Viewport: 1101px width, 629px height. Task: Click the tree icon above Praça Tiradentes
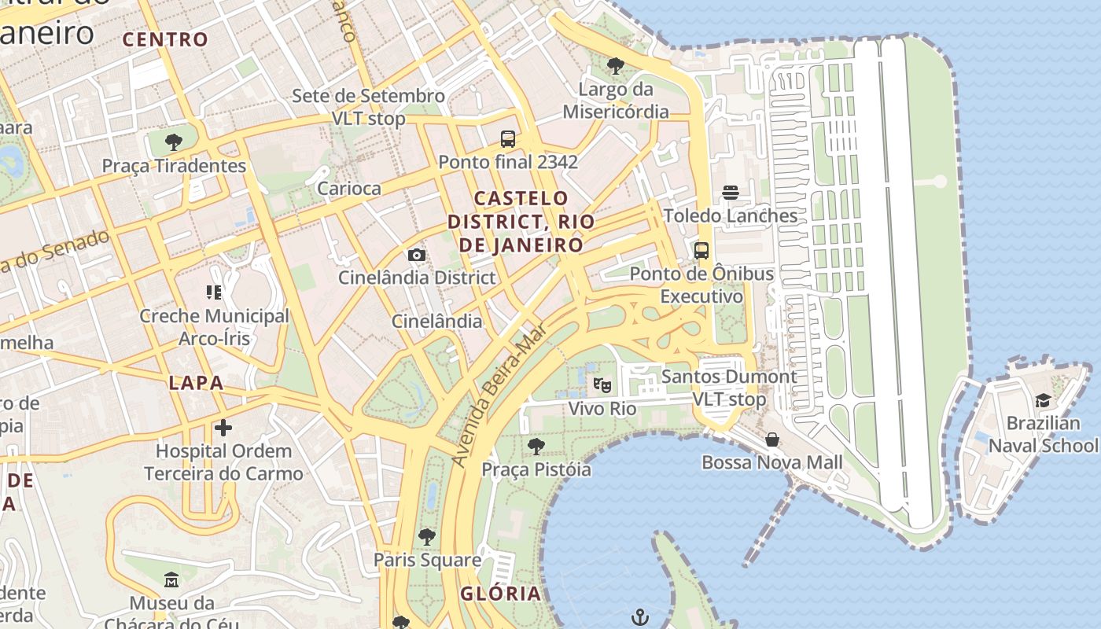[174, 142]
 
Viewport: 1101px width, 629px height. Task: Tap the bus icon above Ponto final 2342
[508, 139]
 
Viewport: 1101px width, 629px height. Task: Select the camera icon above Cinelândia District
[417, 255]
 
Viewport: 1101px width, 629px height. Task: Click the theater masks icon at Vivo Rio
[602, 385]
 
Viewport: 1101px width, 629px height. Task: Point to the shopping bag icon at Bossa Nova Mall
[772, 439]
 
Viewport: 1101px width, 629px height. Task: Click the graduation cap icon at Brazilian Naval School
[1043, 401]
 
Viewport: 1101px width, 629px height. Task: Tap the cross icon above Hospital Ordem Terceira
[223, 428]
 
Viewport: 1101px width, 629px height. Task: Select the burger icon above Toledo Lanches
[731, 193]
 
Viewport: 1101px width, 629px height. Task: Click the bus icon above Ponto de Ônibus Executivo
[701, 251]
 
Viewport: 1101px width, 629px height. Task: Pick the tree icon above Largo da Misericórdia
[616, 66]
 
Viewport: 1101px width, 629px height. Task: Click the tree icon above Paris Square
[427, 537]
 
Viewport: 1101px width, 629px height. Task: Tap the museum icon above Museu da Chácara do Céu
[171, 580]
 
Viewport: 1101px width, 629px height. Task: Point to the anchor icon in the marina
[641, 616]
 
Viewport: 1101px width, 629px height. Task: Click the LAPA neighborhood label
[196, 384]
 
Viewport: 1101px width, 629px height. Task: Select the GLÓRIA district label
[501, 594]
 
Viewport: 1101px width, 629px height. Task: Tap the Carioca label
[348, 189]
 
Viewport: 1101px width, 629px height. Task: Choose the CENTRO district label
[165, 39]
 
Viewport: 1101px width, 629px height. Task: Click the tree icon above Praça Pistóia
[536, 447]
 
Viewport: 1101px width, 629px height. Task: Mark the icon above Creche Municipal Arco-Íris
[214, 292]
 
